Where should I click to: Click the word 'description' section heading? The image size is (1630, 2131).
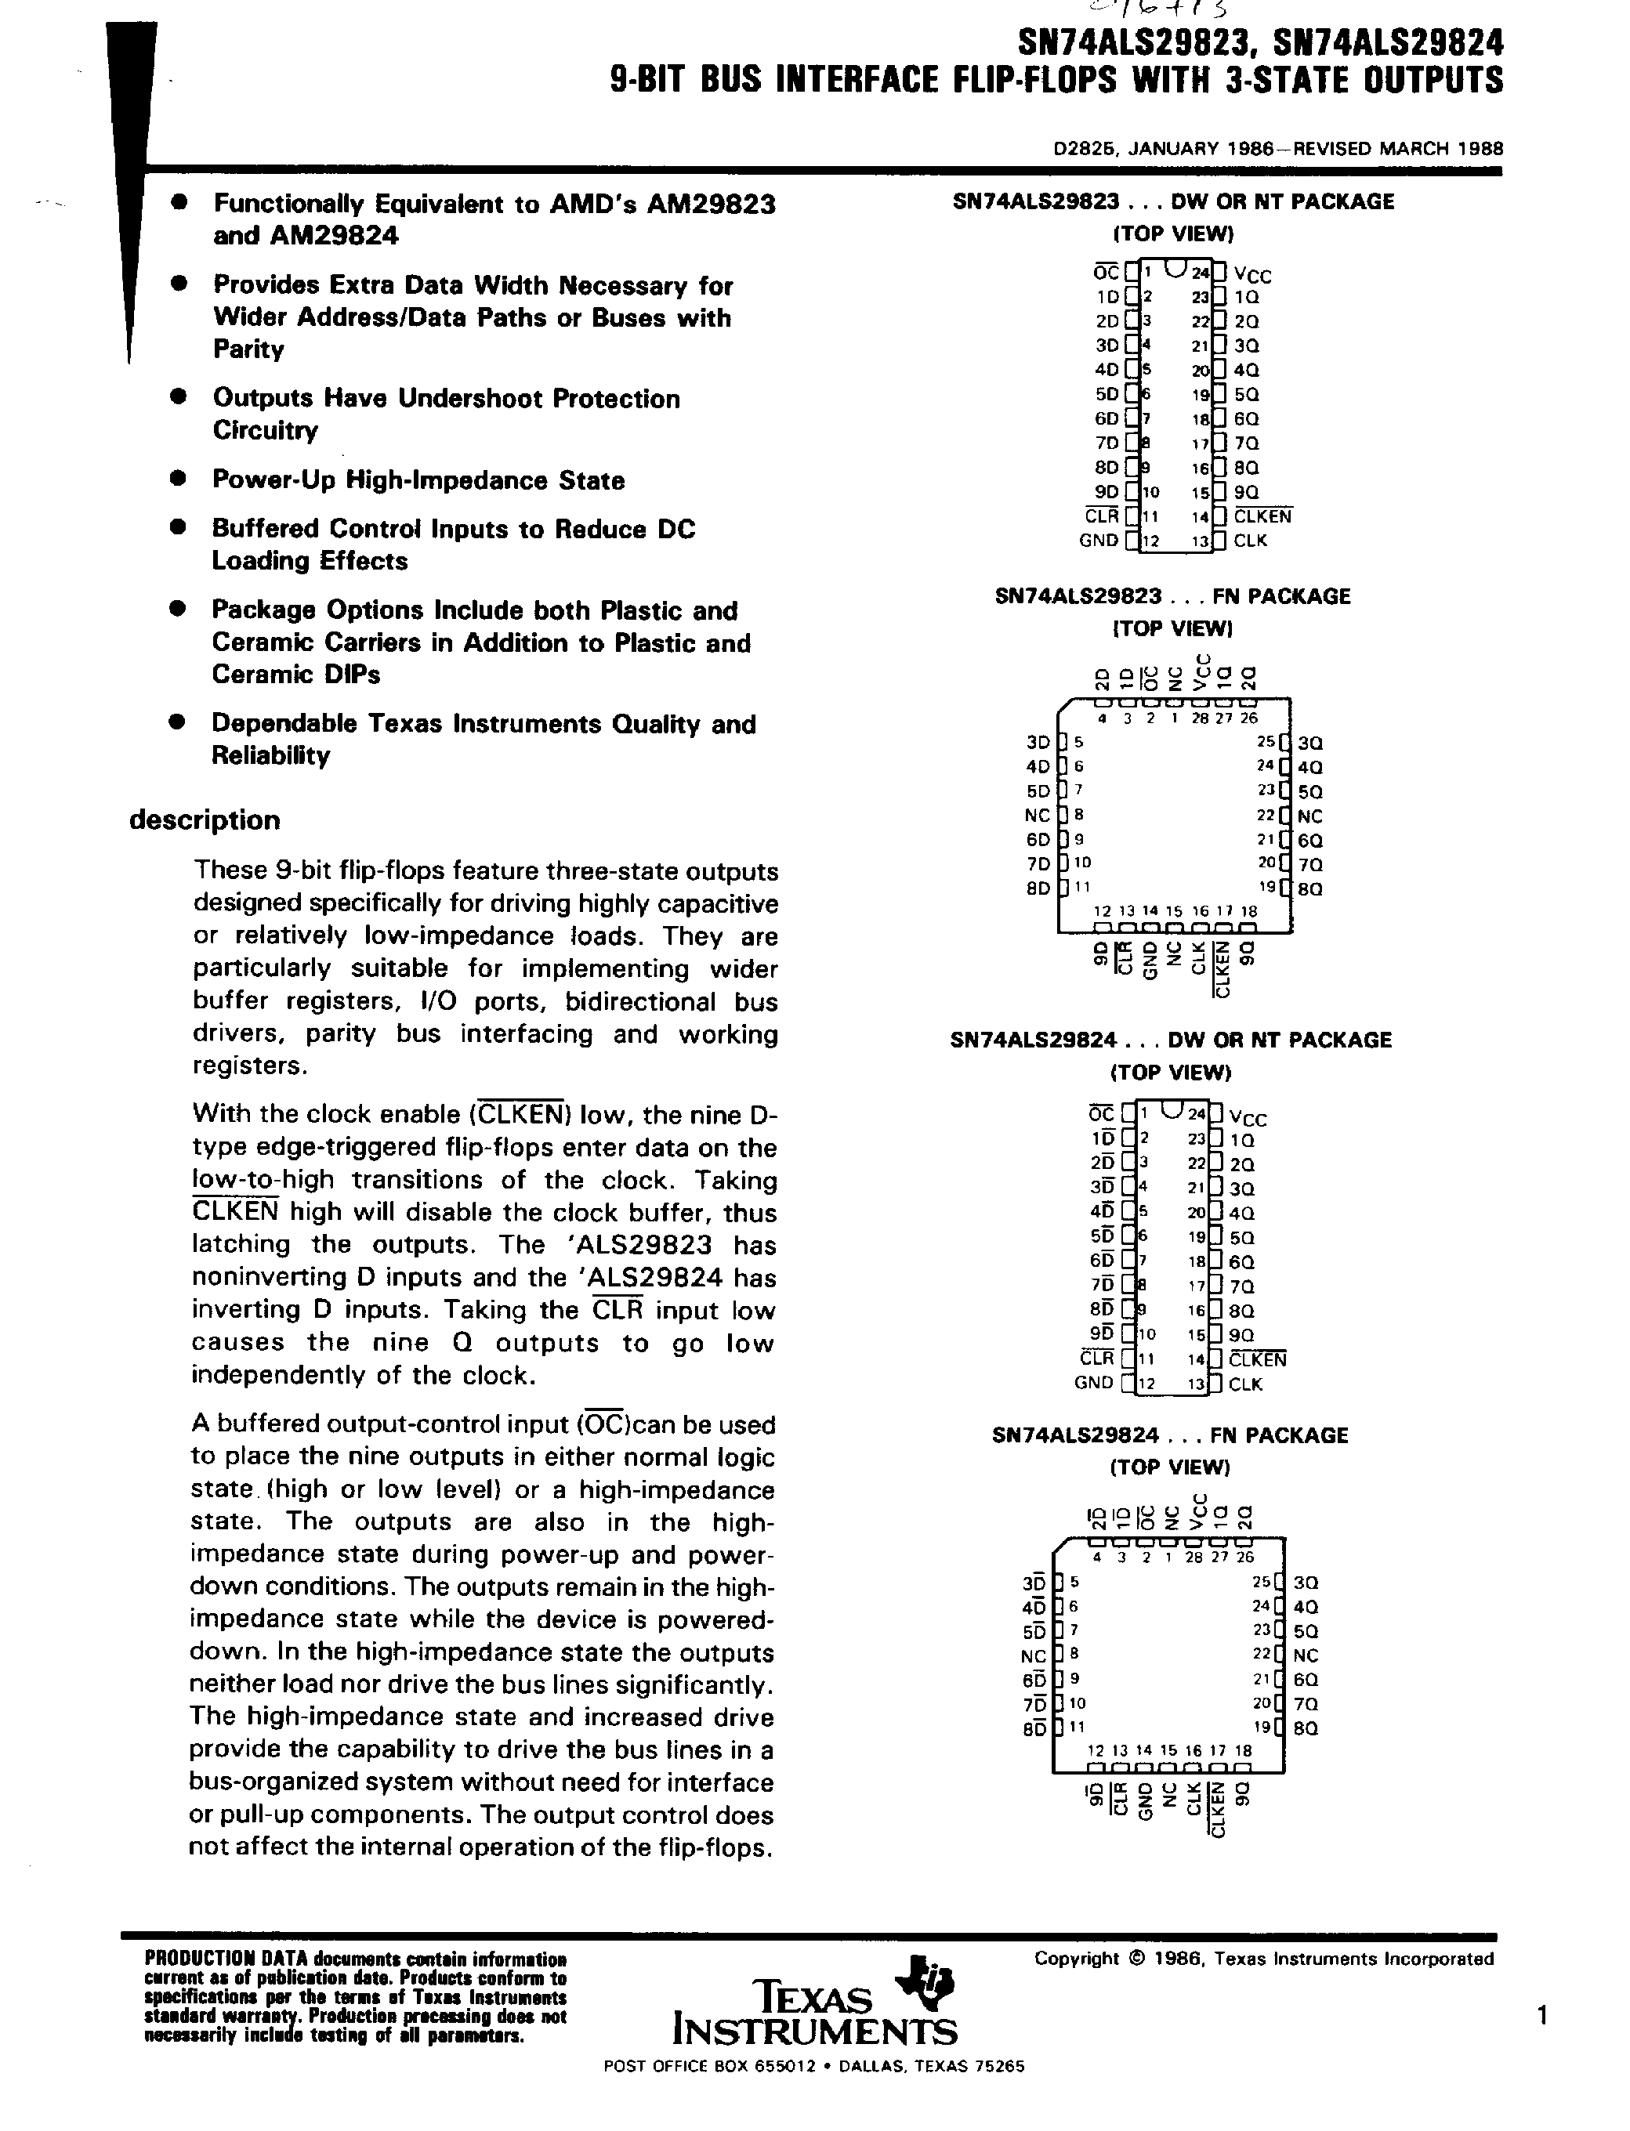click(205, 820)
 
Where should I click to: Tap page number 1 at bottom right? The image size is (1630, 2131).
click(1541, 2017)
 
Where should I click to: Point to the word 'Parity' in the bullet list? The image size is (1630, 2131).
click(248, 349)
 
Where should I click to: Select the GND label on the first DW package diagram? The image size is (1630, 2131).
click(1099, 541)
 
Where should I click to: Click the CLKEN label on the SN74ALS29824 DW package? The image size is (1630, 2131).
click(1258, 1360)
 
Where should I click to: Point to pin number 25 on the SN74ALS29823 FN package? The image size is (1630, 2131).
click(1265, 742)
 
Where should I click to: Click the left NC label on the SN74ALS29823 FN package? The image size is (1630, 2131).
click(1038, 816)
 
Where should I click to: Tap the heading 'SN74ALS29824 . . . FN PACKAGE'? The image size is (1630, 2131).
click(1170, 1435)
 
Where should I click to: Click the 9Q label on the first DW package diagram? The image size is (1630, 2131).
click(1247, 493)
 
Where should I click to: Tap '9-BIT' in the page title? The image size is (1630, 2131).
click(649, 80)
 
